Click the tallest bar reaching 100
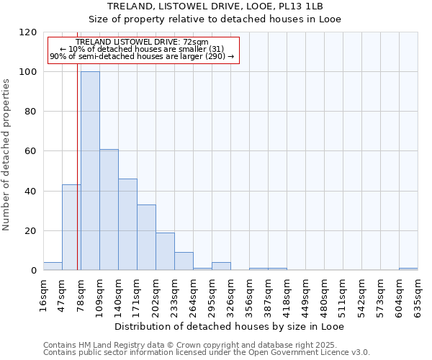coord(90,171)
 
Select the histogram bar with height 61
coord(109,210)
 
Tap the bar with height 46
coord(127,225)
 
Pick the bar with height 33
coord(146,238)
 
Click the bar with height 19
coord(165,251)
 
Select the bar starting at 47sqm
coord(71,228)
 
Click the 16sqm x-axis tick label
coord(44,295)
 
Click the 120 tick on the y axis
coord(29,32)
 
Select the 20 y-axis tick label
coord(32,231)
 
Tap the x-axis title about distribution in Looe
coord(230,327)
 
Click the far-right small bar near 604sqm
coord(408,269)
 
